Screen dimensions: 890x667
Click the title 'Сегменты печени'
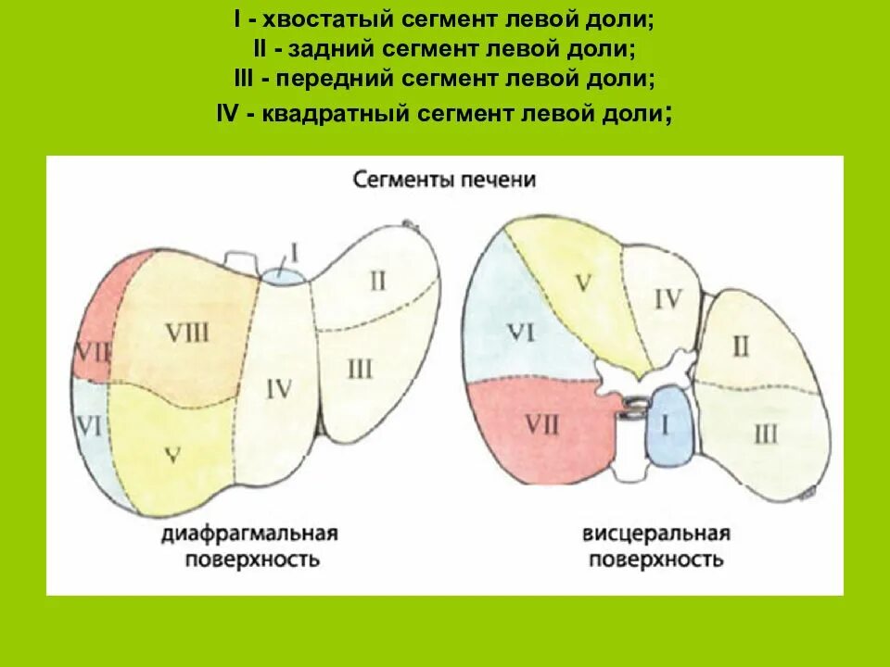(x=444, y=179)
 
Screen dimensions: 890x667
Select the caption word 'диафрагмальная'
(x=248, y=535)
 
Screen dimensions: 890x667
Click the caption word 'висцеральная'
(x=656, y=535)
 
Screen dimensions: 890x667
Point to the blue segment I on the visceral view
(x=669, y=425)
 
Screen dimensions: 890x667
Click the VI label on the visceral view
(x=518, y=333)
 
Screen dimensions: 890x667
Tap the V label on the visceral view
(x=581, y=283)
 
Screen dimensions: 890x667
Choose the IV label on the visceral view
(x=667, y=298)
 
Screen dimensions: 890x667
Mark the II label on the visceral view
(x=740, y=346)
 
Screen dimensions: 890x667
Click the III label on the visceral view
(x=765, y=433)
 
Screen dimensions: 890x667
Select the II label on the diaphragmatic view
(x=377, y=280)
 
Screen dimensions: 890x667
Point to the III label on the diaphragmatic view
(x=359, y=370)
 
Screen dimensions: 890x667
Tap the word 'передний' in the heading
(x=337, y=81)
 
